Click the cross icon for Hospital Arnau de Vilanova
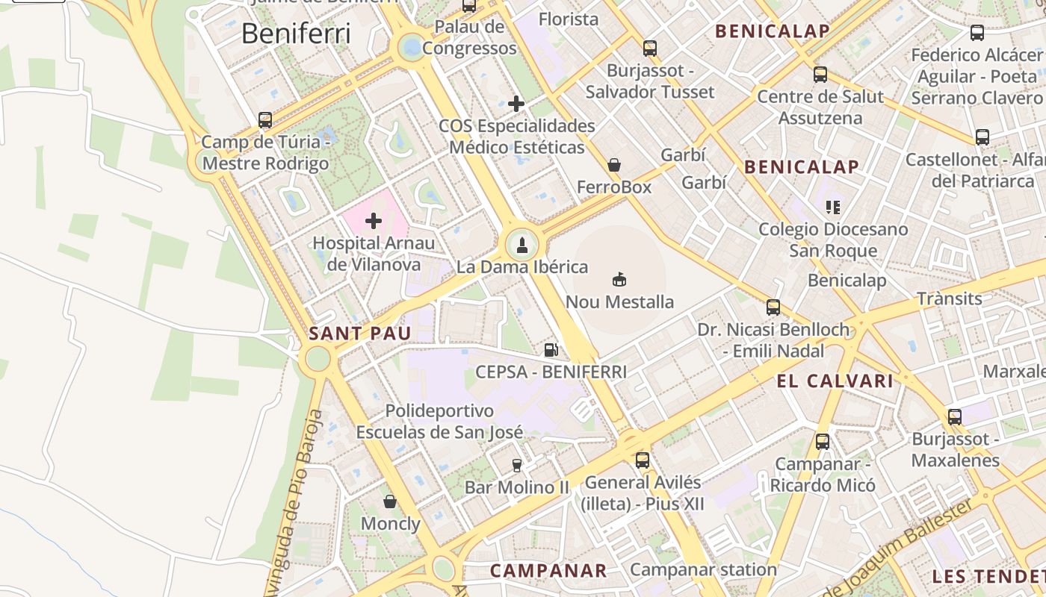tap(373, 221)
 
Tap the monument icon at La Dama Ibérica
tap(522, 245)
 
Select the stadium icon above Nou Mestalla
tap(619, 280)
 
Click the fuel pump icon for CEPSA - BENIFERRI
tap(551, 348)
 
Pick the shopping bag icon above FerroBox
tap(614, 165)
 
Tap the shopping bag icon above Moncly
tap(389, 501)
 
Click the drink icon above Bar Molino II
tap(516, 466)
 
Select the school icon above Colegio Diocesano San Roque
tap(833, 207)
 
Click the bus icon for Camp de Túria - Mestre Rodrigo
tap(264, 119)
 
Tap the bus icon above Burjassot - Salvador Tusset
tap(650, 49)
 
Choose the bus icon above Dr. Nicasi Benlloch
tap(773, 307)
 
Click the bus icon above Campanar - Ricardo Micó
tap(823, 442)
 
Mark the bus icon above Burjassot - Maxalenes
tap(955, 417)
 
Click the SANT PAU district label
tap(360, 334)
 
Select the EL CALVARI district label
tap(835, 381)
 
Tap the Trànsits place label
tap(950, 298)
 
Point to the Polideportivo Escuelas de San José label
tap(439, 421)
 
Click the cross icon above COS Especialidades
tap(516, 104)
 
